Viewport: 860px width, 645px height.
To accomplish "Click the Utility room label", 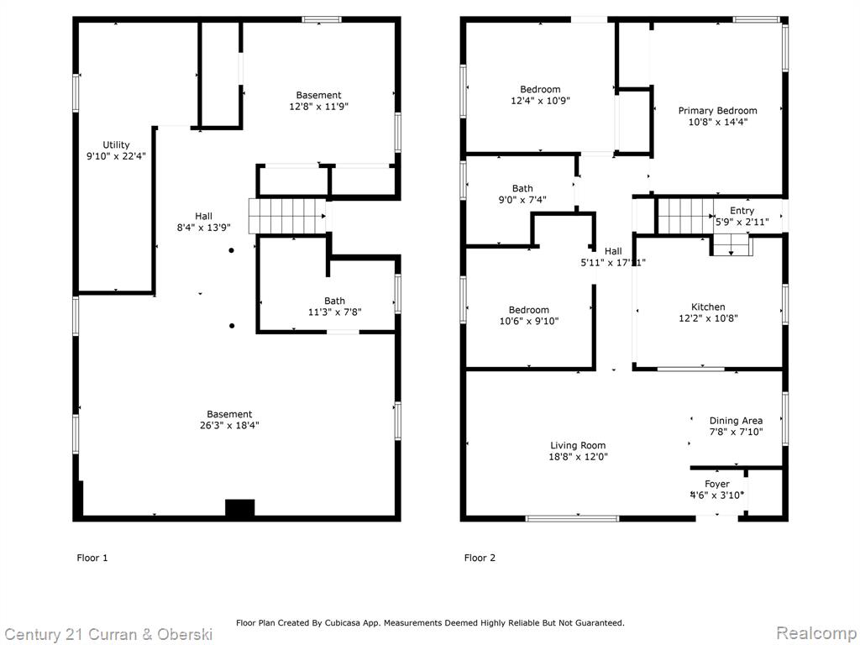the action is point(116,144).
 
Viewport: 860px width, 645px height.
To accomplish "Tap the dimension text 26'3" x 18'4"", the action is point(229,425).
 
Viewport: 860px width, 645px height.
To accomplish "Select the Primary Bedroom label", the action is point(717,111).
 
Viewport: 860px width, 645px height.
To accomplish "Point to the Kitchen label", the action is point(708,307).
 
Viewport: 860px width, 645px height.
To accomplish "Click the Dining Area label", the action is point(736,421).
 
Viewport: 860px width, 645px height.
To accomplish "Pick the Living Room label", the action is point(578,446).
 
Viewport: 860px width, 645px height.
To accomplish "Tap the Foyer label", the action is point(717,484).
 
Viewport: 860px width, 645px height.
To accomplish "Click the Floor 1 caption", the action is point(92,558).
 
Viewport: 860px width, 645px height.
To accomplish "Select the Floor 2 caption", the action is point(480,558).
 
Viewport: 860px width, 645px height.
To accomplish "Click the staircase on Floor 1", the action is point(287,216).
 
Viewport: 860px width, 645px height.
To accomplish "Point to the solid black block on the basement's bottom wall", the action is point(239,508).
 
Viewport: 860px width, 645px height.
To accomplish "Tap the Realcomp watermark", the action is point(816,633).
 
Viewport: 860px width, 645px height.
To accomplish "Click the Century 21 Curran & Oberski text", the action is point(108,635).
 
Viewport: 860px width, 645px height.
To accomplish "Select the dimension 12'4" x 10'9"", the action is point(540,101).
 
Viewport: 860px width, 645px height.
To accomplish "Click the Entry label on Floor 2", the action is point(742,211).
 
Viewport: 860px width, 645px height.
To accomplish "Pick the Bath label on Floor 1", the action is point(334,302).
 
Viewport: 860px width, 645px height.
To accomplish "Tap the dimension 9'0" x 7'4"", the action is point(522,200).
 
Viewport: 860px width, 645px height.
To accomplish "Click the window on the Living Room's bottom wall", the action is point(572,518).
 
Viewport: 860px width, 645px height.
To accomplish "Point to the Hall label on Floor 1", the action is point(203,217).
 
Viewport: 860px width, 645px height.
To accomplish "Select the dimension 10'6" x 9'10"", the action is point(529,322).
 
